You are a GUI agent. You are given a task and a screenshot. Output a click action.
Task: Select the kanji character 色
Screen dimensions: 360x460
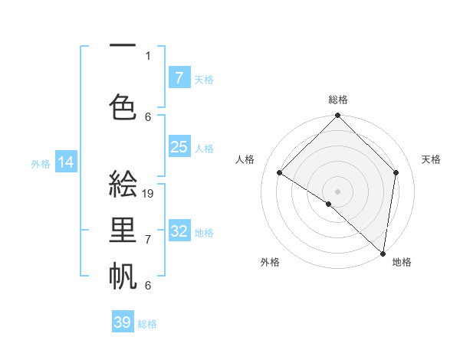pos(123,104)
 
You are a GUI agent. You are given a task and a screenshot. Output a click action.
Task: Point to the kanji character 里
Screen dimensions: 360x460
pos(123,231)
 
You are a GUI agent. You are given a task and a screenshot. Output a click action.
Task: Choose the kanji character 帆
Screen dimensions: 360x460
pos(123,274)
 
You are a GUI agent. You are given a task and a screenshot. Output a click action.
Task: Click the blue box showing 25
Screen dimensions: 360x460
pos(179,147)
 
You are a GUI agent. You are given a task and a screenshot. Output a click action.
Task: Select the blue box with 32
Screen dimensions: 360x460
pos(179,231)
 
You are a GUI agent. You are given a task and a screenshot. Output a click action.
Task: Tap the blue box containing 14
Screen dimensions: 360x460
pos(65,162)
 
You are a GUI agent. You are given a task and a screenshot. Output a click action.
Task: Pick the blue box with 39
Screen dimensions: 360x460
pos(123,322)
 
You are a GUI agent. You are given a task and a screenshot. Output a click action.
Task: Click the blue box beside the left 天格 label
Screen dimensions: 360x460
pos(179,78)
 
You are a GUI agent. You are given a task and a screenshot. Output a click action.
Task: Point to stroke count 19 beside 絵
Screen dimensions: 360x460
pos(149,194)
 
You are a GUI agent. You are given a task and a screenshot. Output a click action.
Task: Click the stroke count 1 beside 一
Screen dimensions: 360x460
pos(148,55)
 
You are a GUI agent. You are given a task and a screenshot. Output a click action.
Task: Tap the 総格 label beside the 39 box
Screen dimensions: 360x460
pos(147,324)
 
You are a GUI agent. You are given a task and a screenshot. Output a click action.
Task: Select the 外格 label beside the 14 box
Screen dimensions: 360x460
pos(41,163)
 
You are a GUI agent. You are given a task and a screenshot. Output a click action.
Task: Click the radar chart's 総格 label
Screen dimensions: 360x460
pos(338,100)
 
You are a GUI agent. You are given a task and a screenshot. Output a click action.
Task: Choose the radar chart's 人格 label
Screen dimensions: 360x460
pos(245,159)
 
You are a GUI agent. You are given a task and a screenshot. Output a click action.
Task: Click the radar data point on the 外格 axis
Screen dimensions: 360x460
pos(329,204)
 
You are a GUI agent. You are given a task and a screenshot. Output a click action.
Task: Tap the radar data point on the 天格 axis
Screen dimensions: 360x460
pos(396,172)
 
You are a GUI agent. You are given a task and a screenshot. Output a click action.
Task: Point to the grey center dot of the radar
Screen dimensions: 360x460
pos(338,191)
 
